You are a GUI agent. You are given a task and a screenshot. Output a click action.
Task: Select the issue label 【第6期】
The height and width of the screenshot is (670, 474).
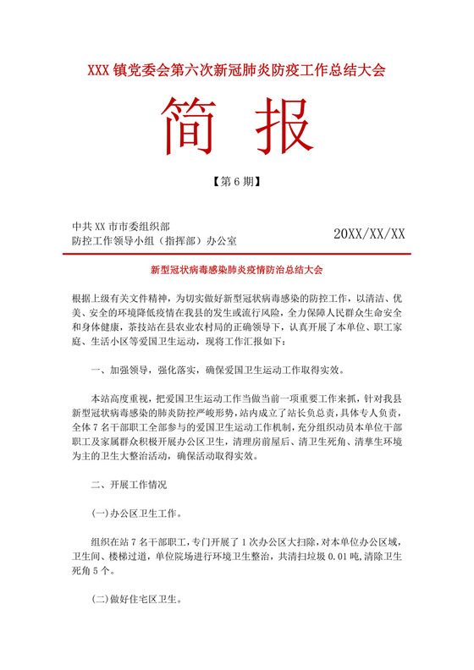coord(236,181)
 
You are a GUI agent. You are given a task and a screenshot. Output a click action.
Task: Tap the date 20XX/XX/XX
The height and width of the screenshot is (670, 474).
coord(370,233)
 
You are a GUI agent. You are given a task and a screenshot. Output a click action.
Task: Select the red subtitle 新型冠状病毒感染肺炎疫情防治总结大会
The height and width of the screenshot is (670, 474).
coord(237,270)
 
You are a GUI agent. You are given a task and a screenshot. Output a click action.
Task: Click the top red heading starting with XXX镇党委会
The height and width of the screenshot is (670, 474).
coord(236,71)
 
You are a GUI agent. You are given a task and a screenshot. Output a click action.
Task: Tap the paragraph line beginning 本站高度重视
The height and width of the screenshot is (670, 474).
coord(245,398)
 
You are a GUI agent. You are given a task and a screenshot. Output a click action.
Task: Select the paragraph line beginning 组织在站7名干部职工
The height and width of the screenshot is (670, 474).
coord(245,542)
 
